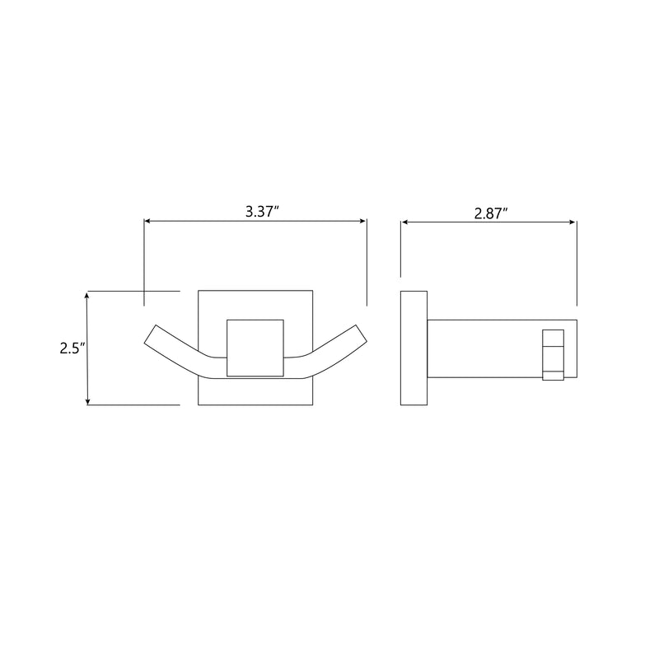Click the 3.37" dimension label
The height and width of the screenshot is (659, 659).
tap(263, 211)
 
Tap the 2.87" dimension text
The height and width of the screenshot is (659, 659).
tap(490, 213)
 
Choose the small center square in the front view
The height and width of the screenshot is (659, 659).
tap(255, 347)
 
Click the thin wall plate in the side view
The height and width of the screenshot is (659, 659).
tap(413, 348)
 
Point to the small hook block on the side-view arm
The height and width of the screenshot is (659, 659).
tap(553, 356)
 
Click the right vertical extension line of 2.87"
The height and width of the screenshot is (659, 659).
tap(577, 264)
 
